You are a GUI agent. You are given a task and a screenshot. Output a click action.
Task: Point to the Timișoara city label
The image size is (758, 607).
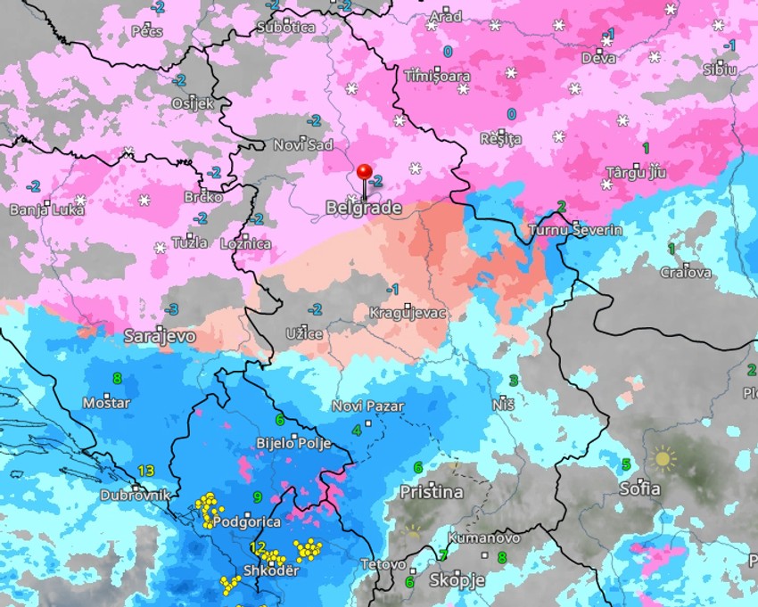[437, 76]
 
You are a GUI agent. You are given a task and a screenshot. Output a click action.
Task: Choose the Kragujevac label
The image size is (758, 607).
[408, 314]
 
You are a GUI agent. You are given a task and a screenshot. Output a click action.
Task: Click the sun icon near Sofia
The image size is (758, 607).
[662, 459]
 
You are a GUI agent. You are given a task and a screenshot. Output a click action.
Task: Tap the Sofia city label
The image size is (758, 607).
[640, 488]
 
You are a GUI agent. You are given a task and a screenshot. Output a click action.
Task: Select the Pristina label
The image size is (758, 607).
[431, 492]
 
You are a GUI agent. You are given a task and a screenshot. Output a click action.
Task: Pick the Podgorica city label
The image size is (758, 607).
[247, 521]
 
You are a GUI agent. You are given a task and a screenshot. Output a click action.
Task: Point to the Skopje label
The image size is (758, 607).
[457, 580]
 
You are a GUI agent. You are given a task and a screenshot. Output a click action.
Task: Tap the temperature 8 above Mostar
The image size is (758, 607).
[117, 378]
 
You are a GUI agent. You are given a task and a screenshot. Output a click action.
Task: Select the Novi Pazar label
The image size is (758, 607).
[367, 406]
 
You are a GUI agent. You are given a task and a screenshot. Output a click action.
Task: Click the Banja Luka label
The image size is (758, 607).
[46, 210]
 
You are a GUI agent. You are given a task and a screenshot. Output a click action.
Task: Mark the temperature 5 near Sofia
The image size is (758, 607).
[626, 463]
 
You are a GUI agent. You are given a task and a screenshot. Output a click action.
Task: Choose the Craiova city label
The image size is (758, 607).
[686, 272]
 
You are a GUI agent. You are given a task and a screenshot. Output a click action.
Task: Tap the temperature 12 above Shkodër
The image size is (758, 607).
[258, 547]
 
